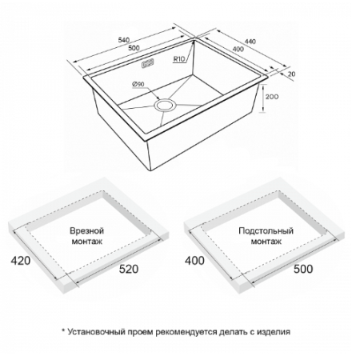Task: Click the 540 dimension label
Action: [124, 40]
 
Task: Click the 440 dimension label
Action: [250, 42]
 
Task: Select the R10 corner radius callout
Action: [179, 59]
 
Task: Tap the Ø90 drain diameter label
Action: [138, 84]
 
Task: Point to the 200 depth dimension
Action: [272, 97]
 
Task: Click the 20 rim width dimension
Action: [292, 74]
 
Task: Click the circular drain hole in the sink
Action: [166, 105]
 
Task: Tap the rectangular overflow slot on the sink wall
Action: [148, 64]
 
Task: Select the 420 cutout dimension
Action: [21, 261]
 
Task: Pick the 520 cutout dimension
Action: [129, 269]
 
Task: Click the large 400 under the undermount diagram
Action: [194, 260]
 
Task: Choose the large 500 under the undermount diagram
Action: [303, 269]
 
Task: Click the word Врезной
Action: [86, 230]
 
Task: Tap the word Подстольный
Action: [266, 230]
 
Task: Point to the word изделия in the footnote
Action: [274, 332]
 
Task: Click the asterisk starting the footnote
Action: [63, 330]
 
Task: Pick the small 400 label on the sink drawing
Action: [238, 49]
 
